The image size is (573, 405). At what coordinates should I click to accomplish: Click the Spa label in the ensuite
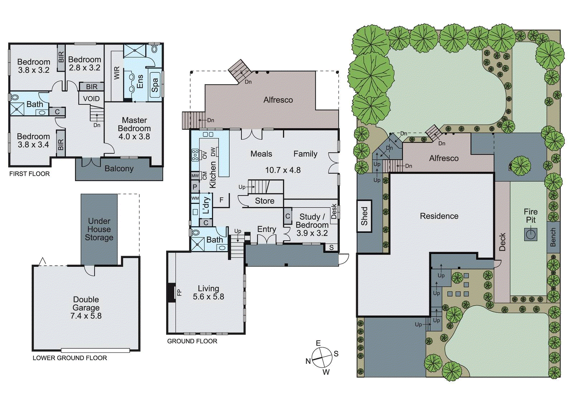tap(155, 85)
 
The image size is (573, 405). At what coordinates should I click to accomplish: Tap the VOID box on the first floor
tap(91, 99)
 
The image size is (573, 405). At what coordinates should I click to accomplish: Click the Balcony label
tap(119, 169)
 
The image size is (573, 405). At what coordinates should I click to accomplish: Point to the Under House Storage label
tap(99, 229)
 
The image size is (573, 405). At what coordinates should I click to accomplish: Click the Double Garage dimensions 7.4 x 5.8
tap(86, 316)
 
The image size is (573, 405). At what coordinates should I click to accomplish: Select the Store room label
tap(265, 201)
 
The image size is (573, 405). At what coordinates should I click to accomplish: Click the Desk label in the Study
tap(334, 212)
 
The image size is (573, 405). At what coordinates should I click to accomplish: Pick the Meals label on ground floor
tap(261, 154)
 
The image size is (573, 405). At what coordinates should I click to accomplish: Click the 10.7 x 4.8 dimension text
tap(283, 170)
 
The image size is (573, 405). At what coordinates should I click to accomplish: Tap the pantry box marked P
tap(195, 187)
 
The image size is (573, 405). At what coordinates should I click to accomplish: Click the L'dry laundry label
tap(206, 205)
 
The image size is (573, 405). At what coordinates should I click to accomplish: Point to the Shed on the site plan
tap(364, 216)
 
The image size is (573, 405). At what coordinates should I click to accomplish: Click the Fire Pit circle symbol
tap(531, 235)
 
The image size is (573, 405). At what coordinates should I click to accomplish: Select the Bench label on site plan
tap(553, 237)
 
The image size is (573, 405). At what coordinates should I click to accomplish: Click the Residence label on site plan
tap(439, 216)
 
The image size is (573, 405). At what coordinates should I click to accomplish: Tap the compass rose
tap(322, 357)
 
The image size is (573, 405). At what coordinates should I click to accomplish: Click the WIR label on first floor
tap(117, 73)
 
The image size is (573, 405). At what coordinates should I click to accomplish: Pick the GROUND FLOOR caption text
tap(192, 341)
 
